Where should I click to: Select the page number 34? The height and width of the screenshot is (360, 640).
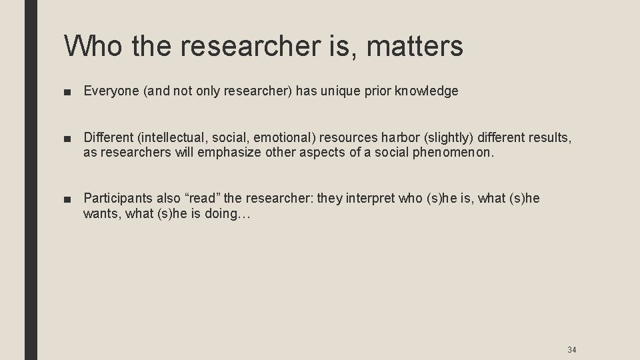[571, 349]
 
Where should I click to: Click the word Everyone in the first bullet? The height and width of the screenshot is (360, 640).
[110, 91]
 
